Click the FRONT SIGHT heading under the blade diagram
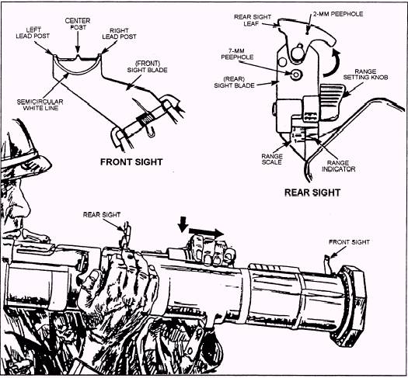tap(131, 162)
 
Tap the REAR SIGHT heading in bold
tap(312, 192)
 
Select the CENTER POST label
tap(78, 23)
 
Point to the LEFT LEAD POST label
tap(33, 33)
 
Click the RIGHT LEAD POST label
tap(119, 33)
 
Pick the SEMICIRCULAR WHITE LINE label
tap(40, 105)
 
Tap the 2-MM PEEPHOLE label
tap(338, 14)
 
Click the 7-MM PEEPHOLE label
tap(237, 54)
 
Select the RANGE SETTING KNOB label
tap(365, 74)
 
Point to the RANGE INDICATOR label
tap(338, 166)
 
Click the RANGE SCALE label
tap(272, 159)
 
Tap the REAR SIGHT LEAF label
tap(253, 20)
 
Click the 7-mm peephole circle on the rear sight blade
tap(296, 75)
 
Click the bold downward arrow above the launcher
tap(183, 224)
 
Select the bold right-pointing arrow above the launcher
tap(206, 232)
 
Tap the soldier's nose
tap(26, 198)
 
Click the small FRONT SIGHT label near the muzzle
tap(349, 242)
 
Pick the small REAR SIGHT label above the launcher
tap(102, 214)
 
